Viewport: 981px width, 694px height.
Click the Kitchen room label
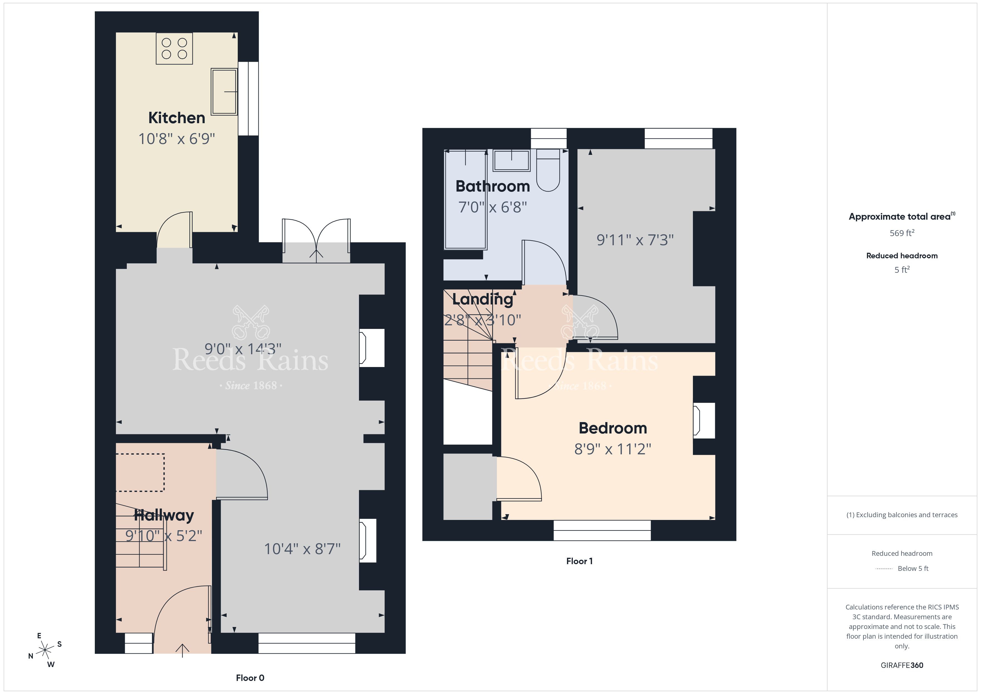coord(177,118)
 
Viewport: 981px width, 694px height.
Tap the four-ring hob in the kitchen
coord(174,48)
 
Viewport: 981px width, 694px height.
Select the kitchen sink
coord(224,91)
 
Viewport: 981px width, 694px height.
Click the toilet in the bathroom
coord(548,170)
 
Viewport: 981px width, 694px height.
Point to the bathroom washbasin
coord(511,160)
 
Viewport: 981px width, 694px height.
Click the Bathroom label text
coord(493,186)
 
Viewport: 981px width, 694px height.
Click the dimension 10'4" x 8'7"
coord(302,549)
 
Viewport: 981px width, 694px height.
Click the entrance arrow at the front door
coord(182,650)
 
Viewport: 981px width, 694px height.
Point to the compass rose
coord(45,650)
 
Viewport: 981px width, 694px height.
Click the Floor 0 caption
coord(250,678)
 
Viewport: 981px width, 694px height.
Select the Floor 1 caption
coord(579,561)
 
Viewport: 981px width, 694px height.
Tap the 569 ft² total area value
coord(902,233)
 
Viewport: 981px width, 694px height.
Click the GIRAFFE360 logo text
coord(902,665)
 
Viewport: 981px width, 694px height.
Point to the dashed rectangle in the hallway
coord(140,473)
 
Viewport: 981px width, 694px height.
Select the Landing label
coord(482,299)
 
